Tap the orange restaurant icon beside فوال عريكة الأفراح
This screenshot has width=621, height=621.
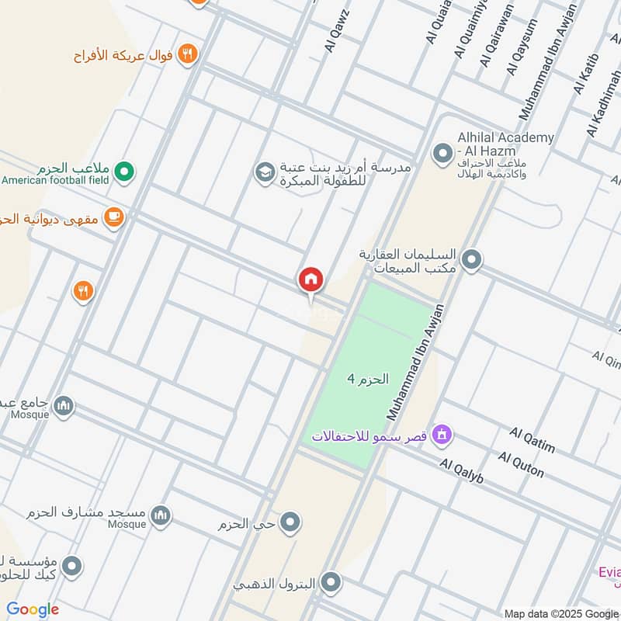point(187,54)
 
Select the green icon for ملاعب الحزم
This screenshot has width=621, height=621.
point(123,170)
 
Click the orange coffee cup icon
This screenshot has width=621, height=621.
point(114,218)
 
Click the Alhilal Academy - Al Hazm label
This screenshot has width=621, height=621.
point(505,144)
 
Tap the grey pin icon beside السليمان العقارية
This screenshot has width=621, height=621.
point(470,261)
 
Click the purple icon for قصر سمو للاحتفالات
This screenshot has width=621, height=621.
point(442,435)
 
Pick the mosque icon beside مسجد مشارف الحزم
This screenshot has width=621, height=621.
point(161,515)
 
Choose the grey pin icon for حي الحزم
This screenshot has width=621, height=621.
point(290,523)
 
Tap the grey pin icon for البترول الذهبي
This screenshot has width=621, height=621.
point(331,582)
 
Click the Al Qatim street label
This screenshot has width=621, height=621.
point(532,439)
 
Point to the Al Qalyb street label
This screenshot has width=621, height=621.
point(461,471)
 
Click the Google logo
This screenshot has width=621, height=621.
point(33,609)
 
